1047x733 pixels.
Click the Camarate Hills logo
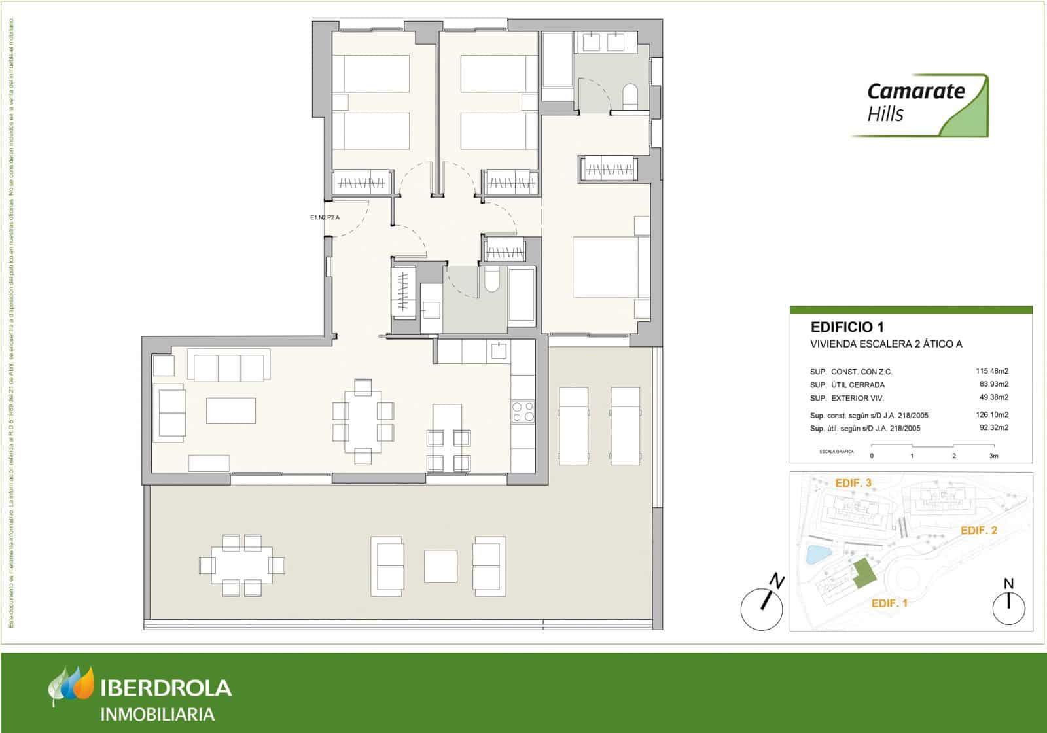tap(919, 105)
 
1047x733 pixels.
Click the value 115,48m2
tap(991, 371)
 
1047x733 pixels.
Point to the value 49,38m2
tap(991, 397)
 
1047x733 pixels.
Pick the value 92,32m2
tap(993, 428)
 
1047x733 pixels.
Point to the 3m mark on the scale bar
tap(993, 456)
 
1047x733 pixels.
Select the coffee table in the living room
tap(230, 410)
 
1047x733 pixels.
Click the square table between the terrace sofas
tap(440, 566)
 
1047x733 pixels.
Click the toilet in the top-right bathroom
tap(630, 96)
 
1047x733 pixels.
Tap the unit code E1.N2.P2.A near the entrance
tap(325, 217)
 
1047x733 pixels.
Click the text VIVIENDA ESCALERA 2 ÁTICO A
tap(886, 344)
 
